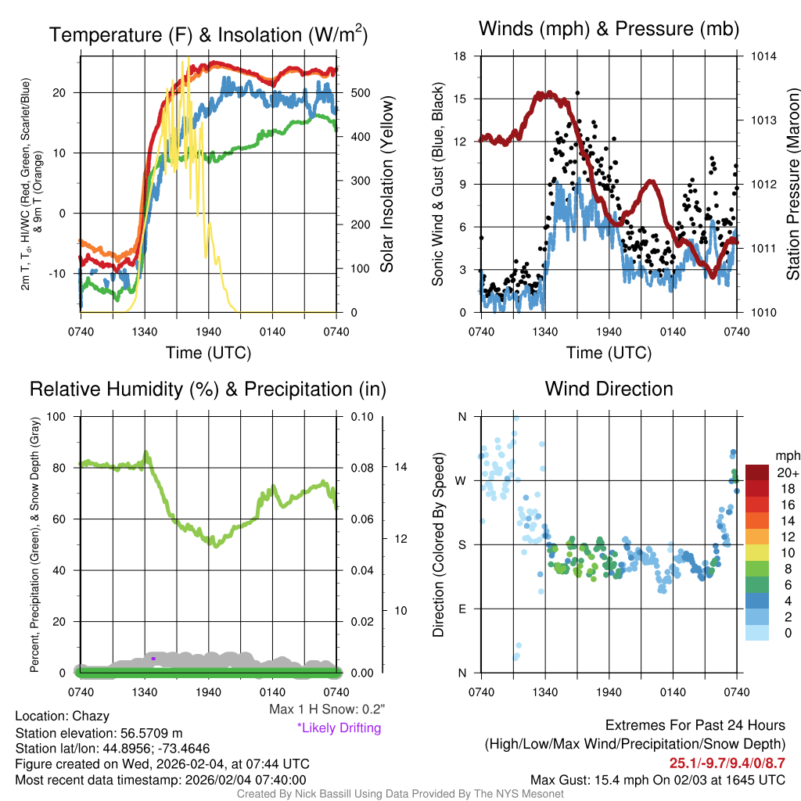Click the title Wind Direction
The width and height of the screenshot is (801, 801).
[x=609, y=389]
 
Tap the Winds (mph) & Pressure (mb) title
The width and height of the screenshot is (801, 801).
[x=609, y=30]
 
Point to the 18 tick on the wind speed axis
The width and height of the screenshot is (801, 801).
[x=461, y=56]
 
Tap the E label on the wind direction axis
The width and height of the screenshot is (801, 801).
[x=462, y=609]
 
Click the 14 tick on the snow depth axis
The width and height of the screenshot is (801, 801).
[x=402, y=467]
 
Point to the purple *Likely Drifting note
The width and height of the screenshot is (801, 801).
[x=339, y=728]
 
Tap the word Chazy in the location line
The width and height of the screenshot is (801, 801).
[x=91, y=716]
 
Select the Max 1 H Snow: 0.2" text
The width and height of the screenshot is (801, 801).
[x=327, y=710]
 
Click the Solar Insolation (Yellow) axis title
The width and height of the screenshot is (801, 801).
[x=387, y=184]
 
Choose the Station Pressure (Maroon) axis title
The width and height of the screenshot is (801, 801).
[x=792, y=184]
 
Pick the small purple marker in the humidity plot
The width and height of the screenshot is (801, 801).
[x=153, y=659]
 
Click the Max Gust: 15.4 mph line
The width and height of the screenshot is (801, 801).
[x=658, y=779]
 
